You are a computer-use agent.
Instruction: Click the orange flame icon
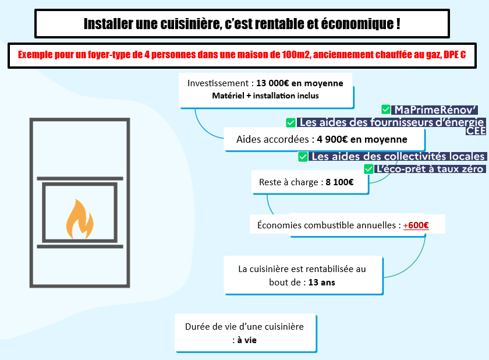[80, 219]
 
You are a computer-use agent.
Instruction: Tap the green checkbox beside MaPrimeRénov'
[386, 110]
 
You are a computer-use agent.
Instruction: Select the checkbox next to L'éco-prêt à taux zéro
[368, 169]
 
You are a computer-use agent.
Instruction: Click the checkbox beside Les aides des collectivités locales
[303, 157]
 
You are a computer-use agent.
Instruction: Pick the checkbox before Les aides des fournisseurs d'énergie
[290, 122]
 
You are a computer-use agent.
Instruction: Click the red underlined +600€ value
[416, 225]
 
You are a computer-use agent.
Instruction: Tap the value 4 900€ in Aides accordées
[332, 139]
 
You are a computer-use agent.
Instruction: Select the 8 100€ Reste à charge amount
[339, 182]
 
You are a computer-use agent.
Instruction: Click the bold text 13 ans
[321, 283]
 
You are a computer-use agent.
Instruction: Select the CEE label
[476, 131]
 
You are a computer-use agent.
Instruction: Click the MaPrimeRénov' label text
[435, 110]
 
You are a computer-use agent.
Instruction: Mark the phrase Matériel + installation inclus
[265, 96]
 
